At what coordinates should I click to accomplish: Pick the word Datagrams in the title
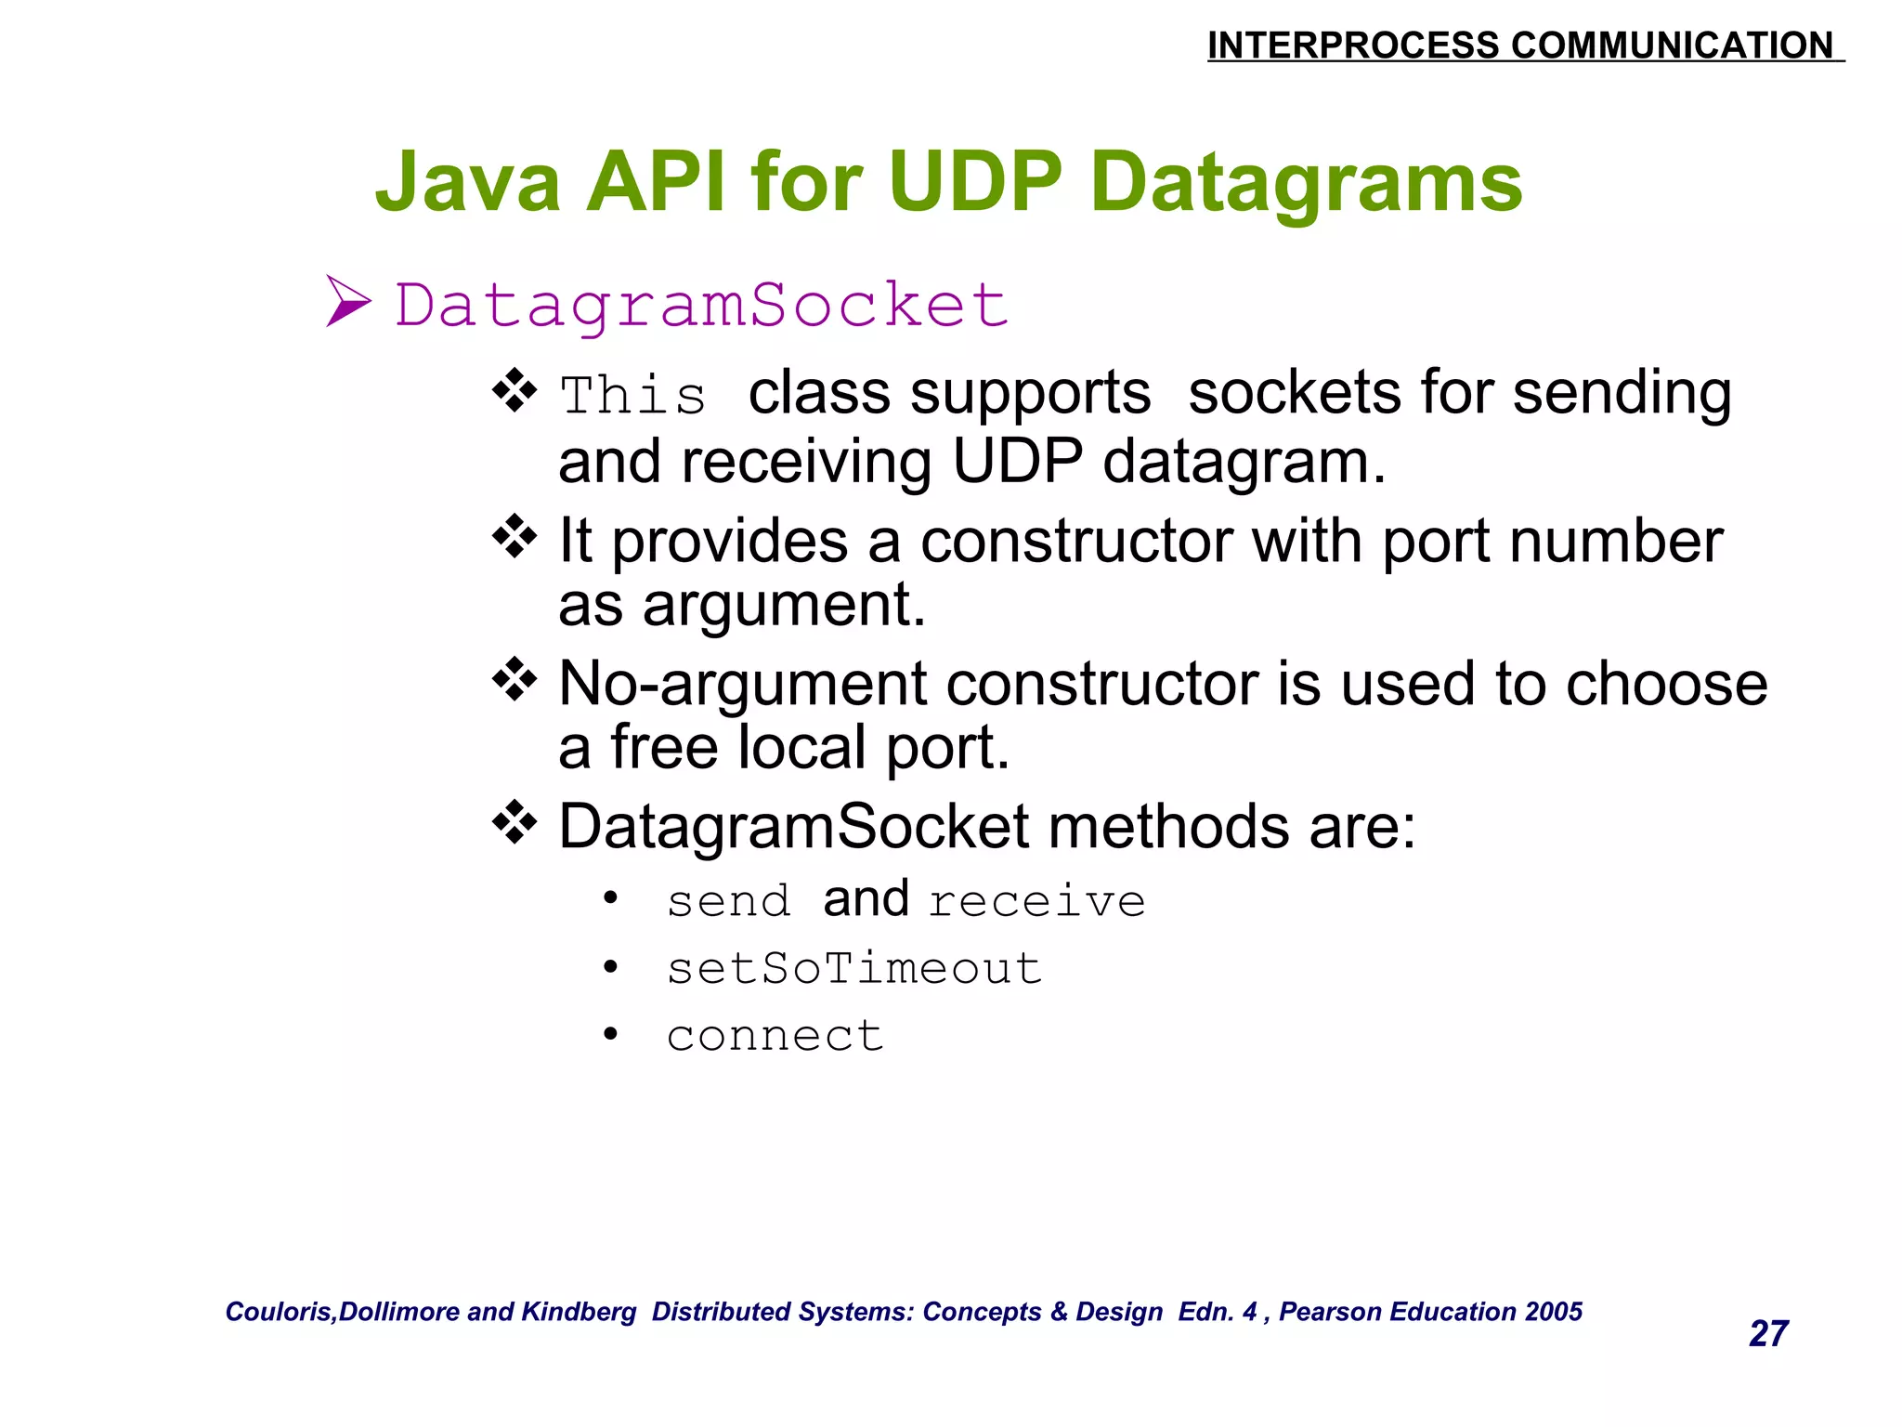[x=1306, y=183]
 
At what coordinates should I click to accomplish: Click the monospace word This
[x=633, y=396]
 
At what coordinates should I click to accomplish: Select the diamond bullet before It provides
[x=515, y=537]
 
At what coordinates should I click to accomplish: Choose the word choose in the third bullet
[x=1666, y=685]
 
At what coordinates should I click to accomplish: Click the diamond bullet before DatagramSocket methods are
[x=515, y=822]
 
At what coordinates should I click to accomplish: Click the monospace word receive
[x=1036, y=901]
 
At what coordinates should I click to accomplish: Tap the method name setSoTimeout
[x=854, y=969]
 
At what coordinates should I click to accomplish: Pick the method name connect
[x=775, y=1036]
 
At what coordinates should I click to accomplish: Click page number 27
[x=1768, y=1334]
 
